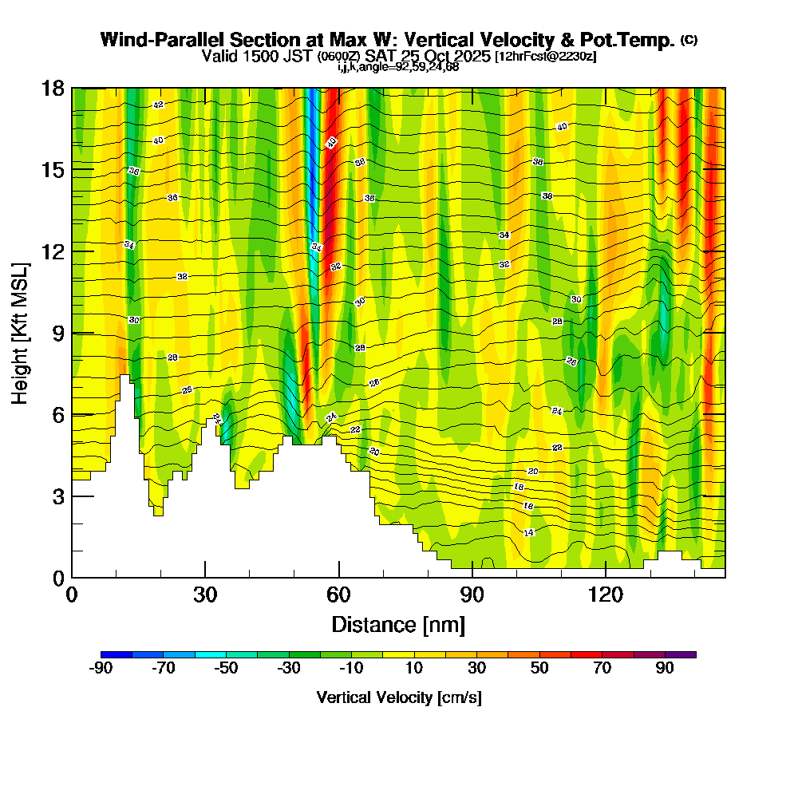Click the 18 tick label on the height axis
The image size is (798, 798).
(53, 88)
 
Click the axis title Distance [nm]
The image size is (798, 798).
(398, 624)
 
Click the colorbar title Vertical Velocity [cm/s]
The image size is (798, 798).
(398, 697)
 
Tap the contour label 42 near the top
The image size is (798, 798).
(158, 105)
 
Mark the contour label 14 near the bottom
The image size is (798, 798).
(528, 532)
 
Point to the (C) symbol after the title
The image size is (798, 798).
(689, 40)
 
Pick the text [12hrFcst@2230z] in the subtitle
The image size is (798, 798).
(545, 57)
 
